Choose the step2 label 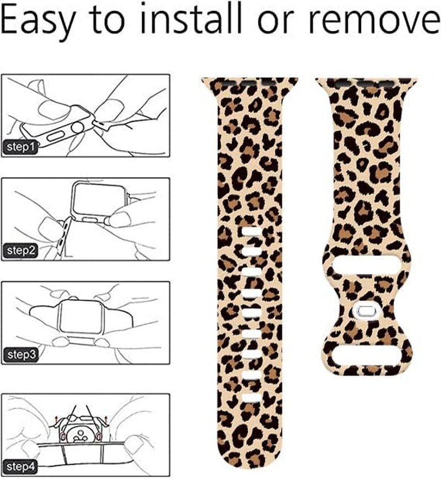(21, 251)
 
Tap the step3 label (21, 354)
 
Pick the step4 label (21, 467)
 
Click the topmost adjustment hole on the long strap (251, 231)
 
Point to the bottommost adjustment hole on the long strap (251, 397)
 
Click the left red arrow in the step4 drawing (56, 421)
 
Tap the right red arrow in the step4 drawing (105, 421)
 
